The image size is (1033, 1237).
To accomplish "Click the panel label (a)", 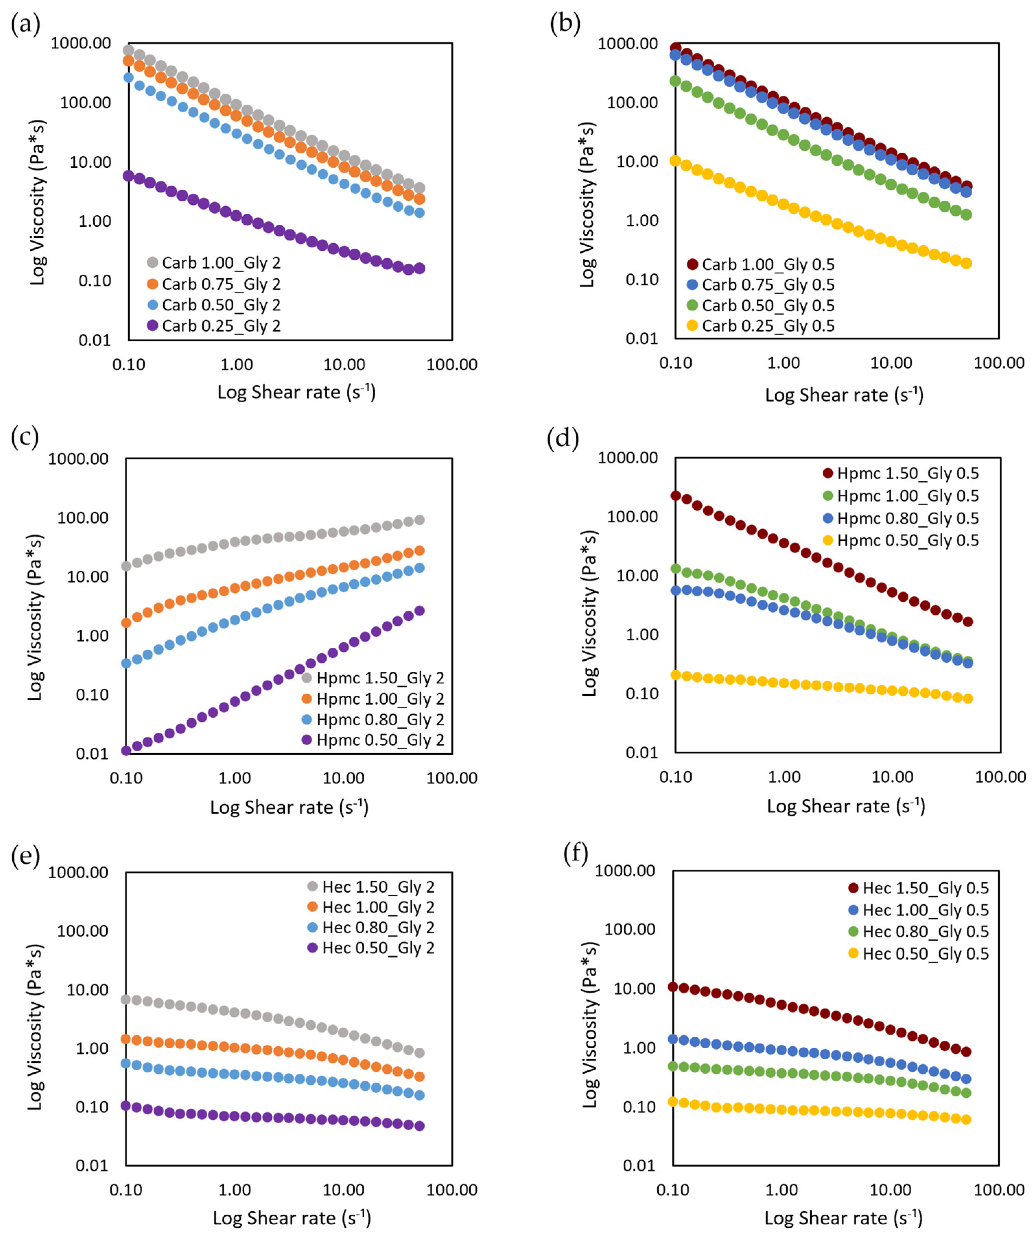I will coord(25,25).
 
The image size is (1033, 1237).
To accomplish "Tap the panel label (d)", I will coord(563,439).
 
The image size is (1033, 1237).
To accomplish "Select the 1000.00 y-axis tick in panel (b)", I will coord(627,44).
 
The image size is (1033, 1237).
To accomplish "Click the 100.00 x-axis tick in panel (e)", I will coord(451,1189).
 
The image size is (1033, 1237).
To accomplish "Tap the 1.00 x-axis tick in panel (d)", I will coord(784,776).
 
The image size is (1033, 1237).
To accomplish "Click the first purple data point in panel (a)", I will coord(128,176).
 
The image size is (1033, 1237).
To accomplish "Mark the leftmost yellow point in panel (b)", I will coord(675,160).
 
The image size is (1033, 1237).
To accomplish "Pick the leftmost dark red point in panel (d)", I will coord(676,495).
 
